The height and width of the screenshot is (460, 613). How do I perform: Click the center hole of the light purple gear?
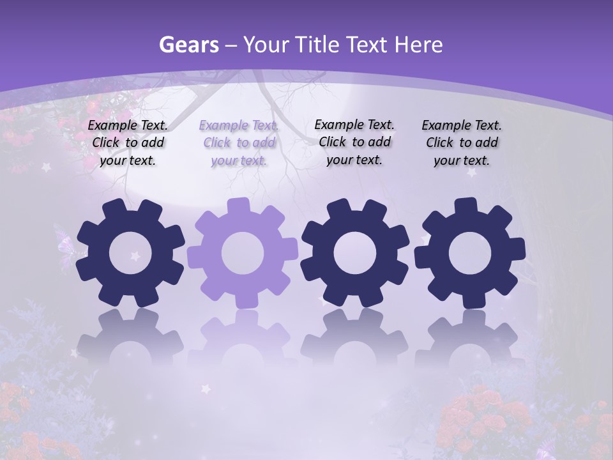pyautogui.click(x=243, y=254)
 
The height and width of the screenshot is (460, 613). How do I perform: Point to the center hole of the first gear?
pyautogui.click(x=130, y=254)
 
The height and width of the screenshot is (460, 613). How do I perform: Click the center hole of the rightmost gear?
pyautogui.click(x=470, y=254)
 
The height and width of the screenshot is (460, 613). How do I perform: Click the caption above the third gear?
pyautogui.click(x=354, y=142)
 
